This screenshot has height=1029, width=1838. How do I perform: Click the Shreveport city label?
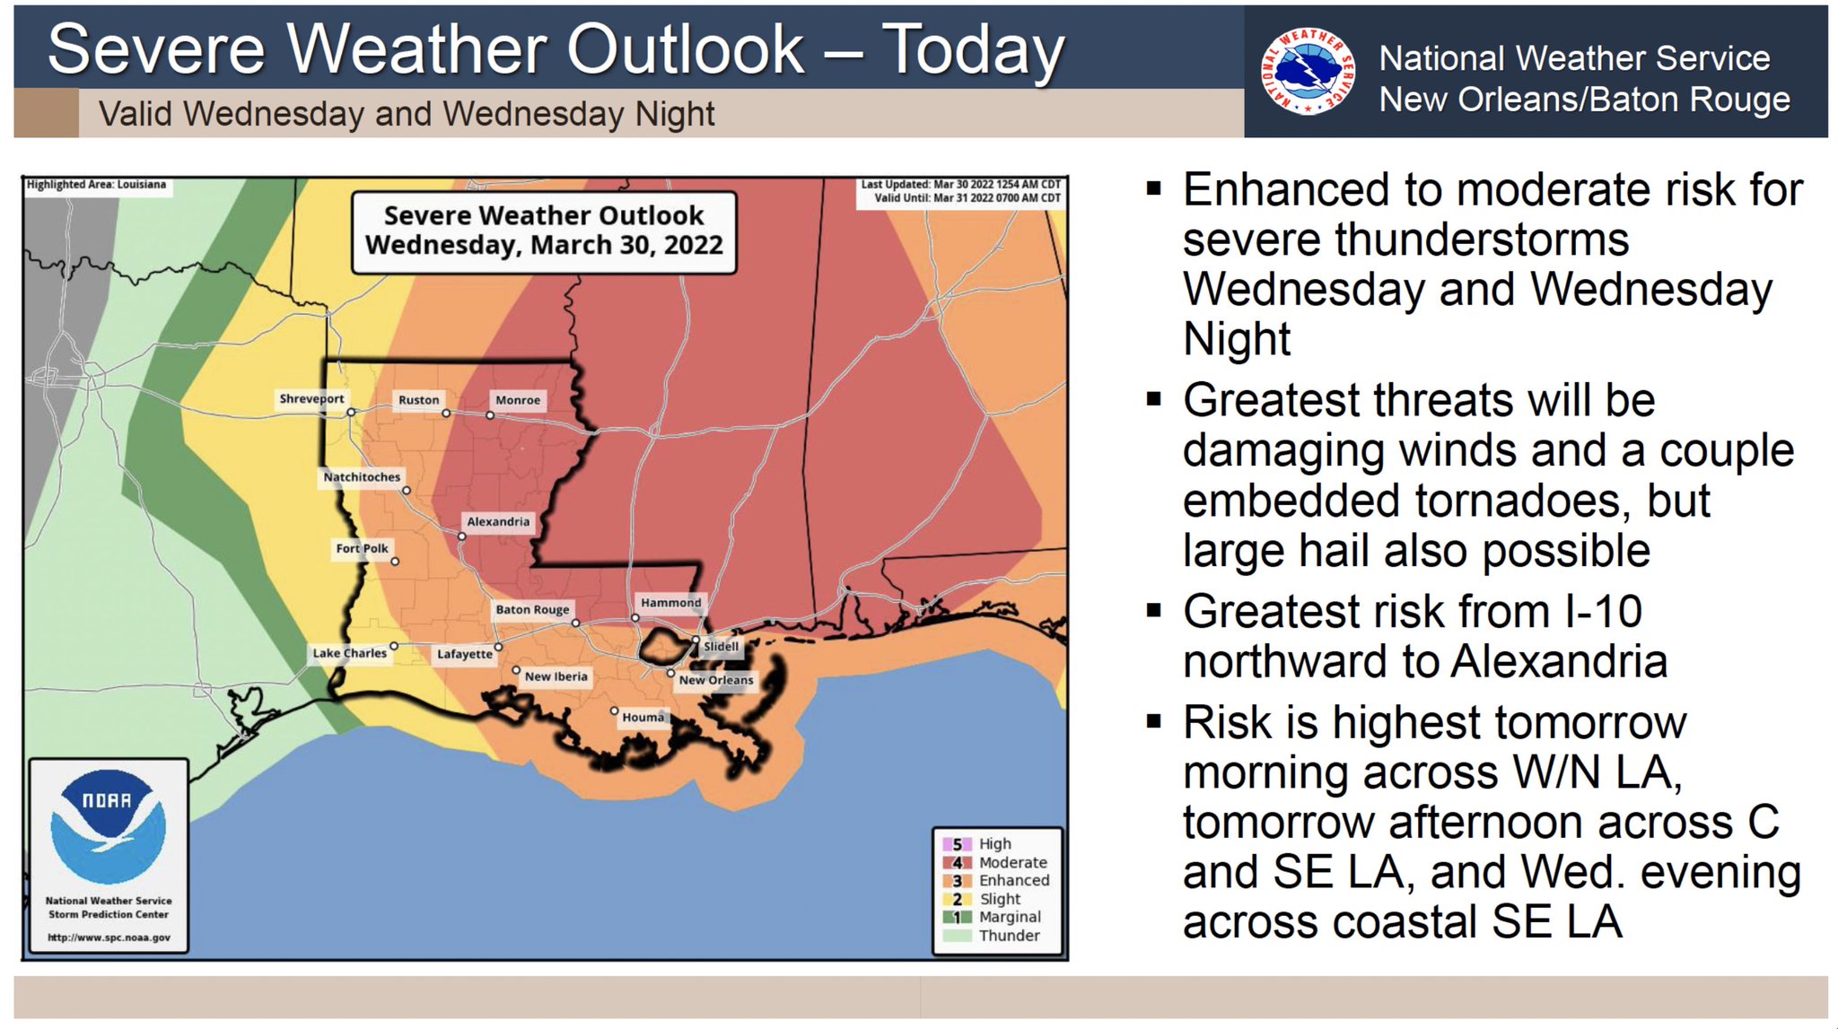click(311, 398)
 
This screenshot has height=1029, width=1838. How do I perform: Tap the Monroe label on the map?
click(518, 400)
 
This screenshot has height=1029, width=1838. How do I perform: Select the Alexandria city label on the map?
click(498, 521)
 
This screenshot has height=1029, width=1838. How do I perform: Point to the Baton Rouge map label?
click(532, 609)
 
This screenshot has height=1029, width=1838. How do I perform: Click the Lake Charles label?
click(349, 653)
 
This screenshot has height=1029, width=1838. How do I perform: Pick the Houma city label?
click(643, 717)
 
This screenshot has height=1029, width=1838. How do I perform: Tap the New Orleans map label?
click(715, 680)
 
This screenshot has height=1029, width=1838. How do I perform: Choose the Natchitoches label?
click(362, 477)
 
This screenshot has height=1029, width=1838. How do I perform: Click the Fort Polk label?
click(362, 548)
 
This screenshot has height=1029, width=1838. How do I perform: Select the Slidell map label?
click(721, 646)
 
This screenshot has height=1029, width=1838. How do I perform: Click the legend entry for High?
click(993, 844)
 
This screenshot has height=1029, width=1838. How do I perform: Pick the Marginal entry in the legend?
click(1009, 917)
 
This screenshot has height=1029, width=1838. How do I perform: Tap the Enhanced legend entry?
click(1012, 881)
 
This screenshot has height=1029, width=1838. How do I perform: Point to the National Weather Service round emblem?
click(1307, 70)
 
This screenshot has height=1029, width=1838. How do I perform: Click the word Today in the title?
click(973, 49)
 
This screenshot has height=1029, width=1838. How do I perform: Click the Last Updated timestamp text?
click(960, 184)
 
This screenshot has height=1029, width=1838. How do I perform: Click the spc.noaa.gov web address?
click(109, 937)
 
